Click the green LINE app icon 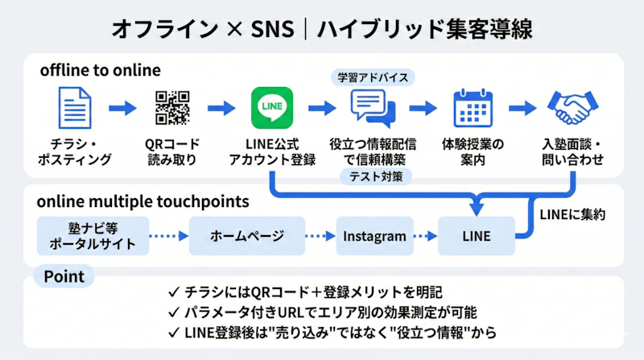pyautogui.click(x=271, y=109)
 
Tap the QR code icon pyautogui.click(x=173, y=108)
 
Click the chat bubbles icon pyautogui.click(x=372, y=109)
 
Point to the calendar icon pyautogui.click(x=473, y=109)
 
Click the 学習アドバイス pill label pyautogui.click(x=373, y=77)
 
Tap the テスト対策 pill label pyautogui.click(x=372, y=176)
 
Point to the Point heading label pyautogui.click(x=64, y=276)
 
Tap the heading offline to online pyautogui.click(x=100, y=70)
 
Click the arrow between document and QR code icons pyautogui.click(x=123, y=107)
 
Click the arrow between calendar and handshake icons pyautogui.click(x=522, y=107)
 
